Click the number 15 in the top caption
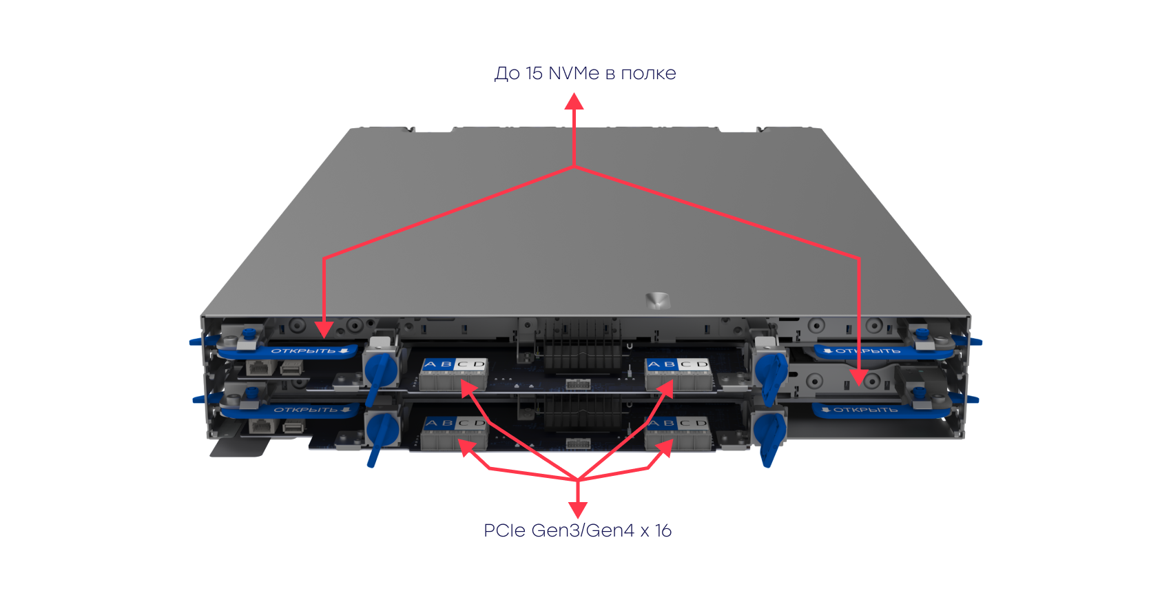534,73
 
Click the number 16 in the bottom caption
663,530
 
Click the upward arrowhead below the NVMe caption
574,102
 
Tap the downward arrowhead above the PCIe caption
578,510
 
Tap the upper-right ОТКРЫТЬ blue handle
868,351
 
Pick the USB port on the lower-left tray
292,427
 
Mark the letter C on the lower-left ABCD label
463,423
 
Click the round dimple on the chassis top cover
656,300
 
